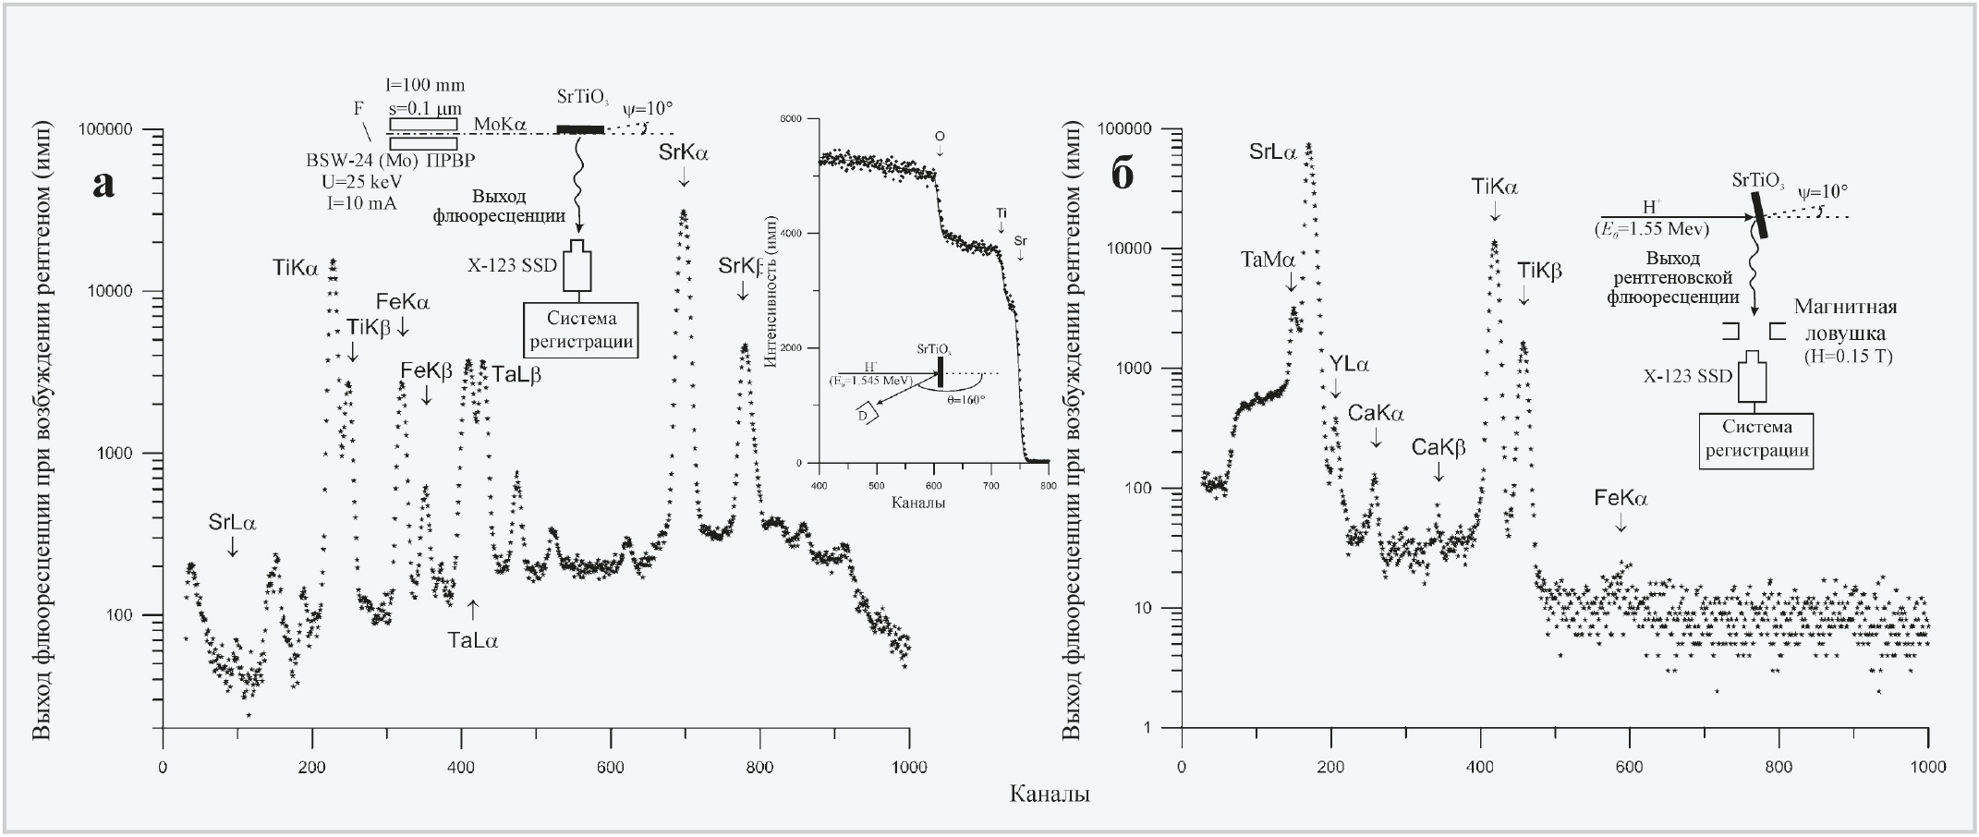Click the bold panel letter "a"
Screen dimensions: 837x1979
click(104, 184)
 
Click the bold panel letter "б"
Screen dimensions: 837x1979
click(1122, 174)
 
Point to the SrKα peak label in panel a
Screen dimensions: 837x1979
click(684, 153)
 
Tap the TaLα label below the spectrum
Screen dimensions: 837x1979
click(472, 639)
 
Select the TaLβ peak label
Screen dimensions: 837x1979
click(516, 375)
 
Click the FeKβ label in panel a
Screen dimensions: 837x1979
click(426, 370)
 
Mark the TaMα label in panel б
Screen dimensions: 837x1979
click(1268, 261)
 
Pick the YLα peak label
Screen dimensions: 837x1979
click(1350, 365)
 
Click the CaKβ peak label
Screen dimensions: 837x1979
click(1439, 448)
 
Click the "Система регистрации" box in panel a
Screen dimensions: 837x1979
click(581, 330)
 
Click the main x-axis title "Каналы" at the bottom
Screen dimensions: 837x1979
click(1049, 794)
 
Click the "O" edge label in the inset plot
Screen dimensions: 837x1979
click(940, 137)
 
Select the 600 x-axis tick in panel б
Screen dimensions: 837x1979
click(1629, 767)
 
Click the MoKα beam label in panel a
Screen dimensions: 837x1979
click(499, 124)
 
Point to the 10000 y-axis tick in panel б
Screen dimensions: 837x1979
click(1138, 249)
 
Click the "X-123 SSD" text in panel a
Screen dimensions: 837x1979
click(512, 266)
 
